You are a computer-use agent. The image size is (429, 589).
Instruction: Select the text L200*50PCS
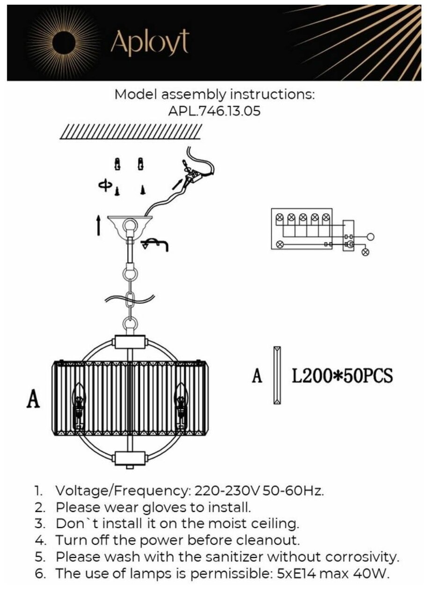(342, 375)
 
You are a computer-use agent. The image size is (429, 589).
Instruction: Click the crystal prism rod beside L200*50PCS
(277, 375)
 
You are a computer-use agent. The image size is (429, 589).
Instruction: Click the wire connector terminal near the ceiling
(192, 175)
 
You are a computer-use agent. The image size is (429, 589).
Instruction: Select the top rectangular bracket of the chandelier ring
(129, 342)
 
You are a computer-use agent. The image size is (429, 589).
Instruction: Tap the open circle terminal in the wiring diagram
(371, 237)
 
